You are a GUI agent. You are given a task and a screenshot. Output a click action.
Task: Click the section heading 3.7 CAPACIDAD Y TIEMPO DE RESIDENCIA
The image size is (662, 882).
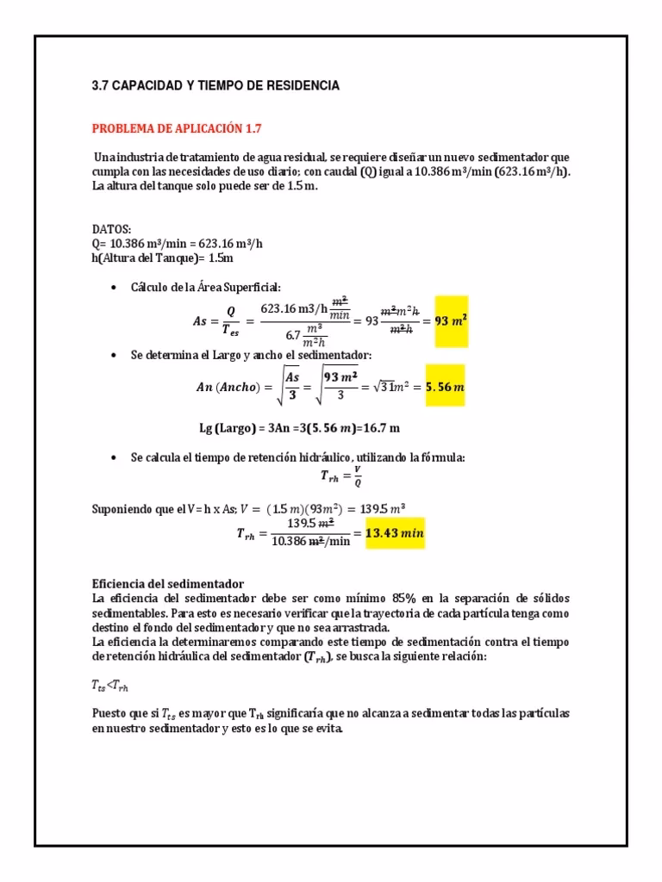coord(215,86)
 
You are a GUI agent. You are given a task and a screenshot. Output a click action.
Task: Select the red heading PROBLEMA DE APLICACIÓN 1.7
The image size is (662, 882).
coord(176,128)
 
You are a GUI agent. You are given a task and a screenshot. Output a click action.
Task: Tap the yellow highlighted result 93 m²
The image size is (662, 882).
coord(450,320)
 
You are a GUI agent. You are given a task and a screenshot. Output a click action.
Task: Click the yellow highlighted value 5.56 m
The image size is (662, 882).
coord(445,387)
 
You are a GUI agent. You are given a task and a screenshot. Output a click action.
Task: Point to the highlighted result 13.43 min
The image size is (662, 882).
coord(396,533)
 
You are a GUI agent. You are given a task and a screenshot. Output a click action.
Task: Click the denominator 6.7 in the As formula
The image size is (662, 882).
coord(293,334)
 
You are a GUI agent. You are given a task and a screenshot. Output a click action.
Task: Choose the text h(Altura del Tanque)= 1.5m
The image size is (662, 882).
coord(163,258)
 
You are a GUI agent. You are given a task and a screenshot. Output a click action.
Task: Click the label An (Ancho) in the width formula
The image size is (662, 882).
coord(229,387)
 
